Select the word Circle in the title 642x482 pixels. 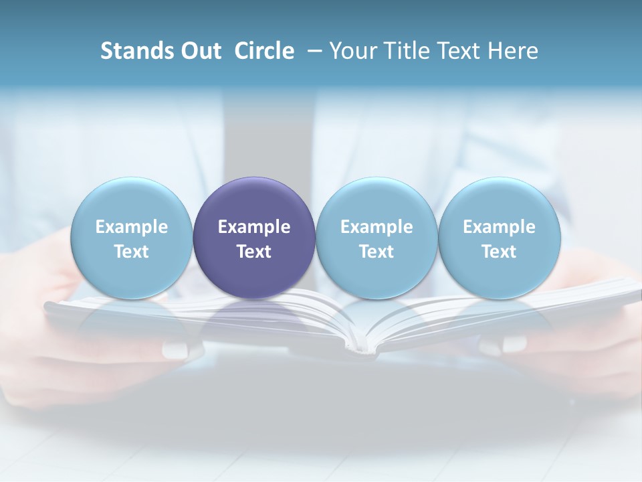[x=264, y=51]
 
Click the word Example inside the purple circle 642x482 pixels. [x=254, y=227]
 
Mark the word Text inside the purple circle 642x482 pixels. [x=254, y=252]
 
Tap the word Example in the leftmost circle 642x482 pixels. [x=131, y=227]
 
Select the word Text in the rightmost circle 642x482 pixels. [x=500, y=252]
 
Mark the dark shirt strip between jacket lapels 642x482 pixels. [x=267, y=134]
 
